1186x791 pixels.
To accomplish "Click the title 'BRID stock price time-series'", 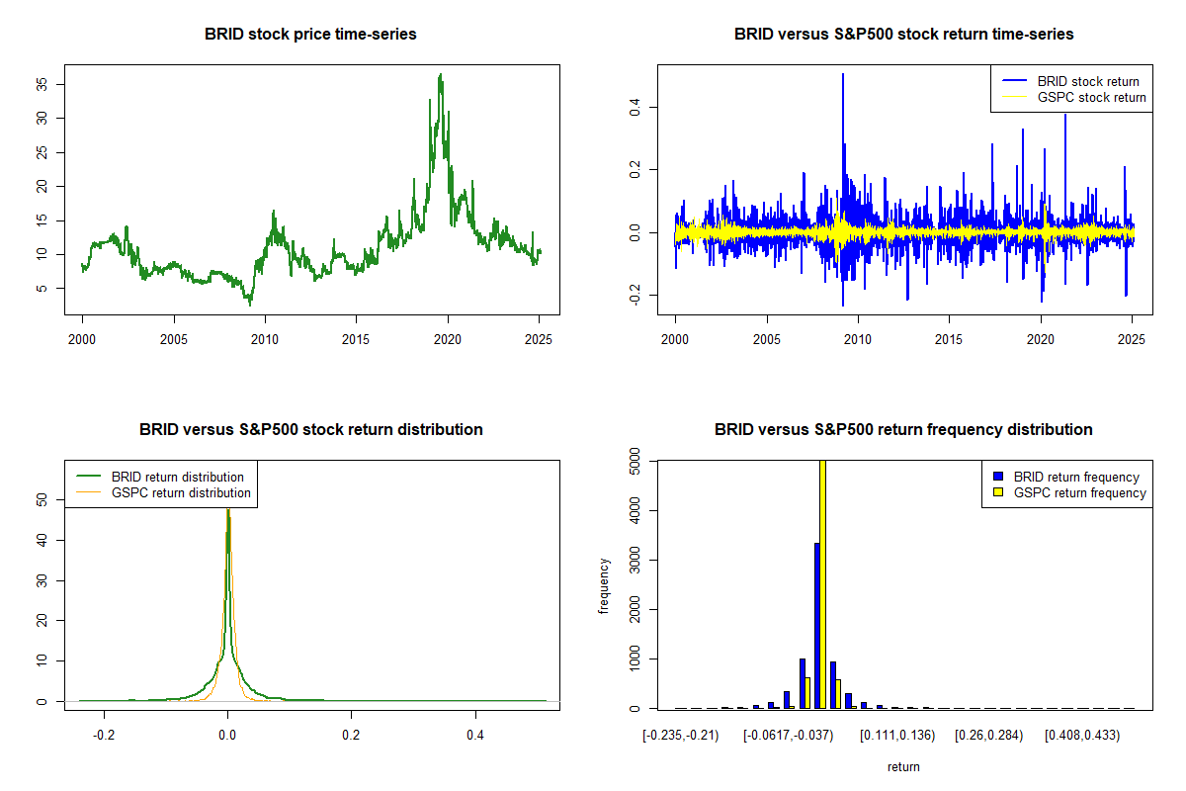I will (x=310, y=35).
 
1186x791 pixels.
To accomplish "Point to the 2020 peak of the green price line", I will (x=441, y=75).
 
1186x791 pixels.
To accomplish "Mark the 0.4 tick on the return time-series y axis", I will (x=636, y=106).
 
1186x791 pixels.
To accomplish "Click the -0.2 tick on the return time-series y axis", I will (x=636, y=296).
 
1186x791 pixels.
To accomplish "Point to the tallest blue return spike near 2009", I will (x=843, y=75).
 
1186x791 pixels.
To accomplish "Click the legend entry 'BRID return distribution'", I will (x=177, y=477).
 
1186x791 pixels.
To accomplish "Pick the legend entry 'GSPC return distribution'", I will (x=181, y=492).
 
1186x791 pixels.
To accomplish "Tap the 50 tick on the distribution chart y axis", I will (x=43, y=500).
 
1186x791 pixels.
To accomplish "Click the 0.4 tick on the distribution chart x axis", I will (x=475, y=736).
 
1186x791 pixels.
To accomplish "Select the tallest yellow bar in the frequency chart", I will (x=822, y=583).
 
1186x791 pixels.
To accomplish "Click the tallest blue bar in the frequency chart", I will (x=816, y=625).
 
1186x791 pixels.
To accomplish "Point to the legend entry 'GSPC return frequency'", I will (x=1082, y=492).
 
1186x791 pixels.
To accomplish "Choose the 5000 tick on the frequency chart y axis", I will (x=636, y=461).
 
